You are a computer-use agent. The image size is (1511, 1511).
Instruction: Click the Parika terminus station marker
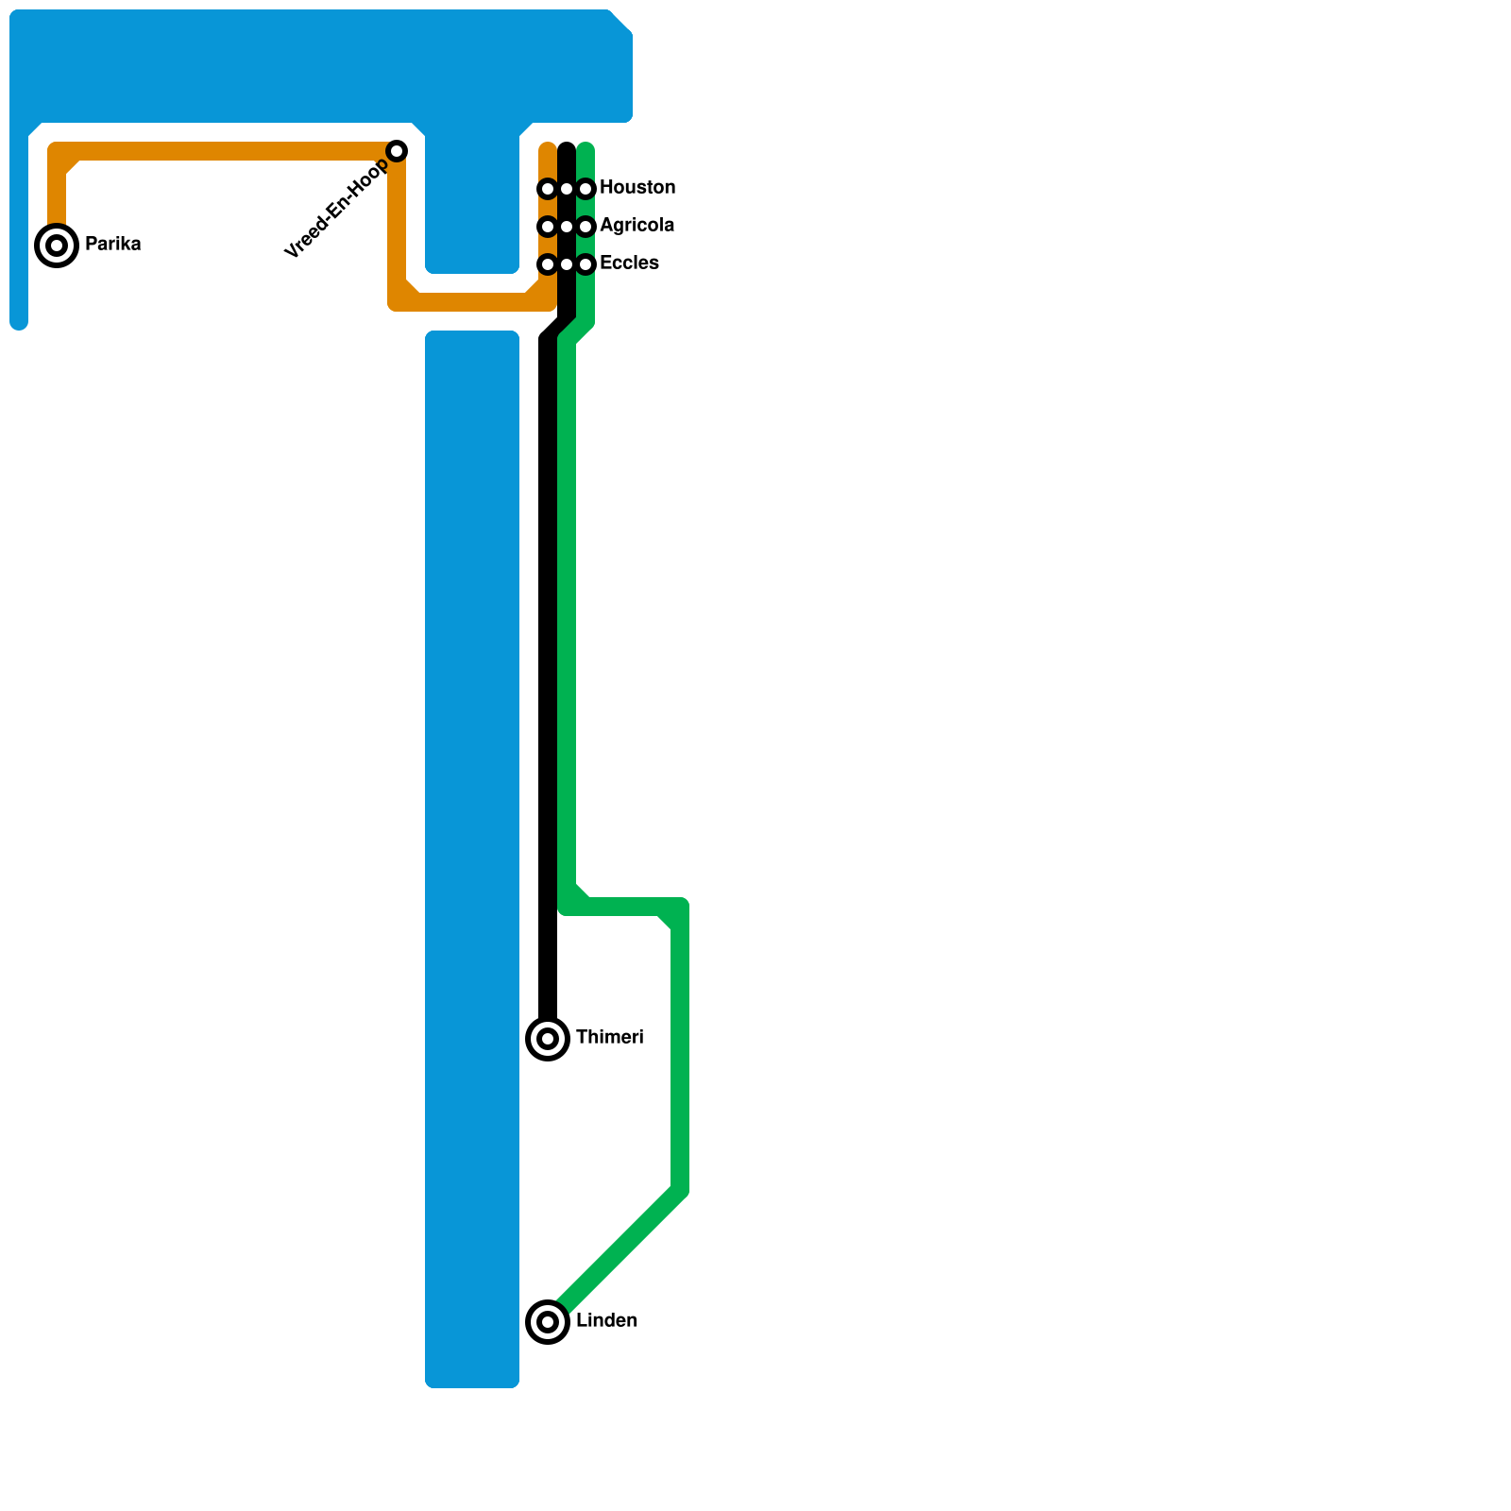click(x=57, y=246)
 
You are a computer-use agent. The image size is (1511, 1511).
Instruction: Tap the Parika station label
click(x=112, y=245)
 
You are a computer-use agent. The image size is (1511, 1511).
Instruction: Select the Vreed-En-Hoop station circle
click(x=397, y=151)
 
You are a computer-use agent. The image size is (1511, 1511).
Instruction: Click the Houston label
click(x=637, y=188)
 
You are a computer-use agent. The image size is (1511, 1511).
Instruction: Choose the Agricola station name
click(x=637, y=226)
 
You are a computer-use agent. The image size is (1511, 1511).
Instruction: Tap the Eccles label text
click(x=629, y=263)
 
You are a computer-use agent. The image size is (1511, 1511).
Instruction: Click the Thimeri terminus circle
click(x=548, y=1039)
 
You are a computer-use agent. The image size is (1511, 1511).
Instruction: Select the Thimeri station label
click(x=609, y=1038)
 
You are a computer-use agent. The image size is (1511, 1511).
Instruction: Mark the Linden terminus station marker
click(x=548, y=1321)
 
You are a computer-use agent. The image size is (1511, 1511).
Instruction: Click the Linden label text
click(x=606, y=1321)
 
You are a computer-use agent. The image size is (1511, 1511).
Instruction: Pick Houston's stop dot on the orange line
click(x=548, y=189)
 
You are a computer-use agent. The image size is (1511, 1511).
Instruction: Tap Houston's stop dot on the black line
click(x=567, y=189)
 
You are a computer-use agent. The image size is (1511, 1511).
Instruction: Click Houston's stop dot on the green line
click(x=586, y=189)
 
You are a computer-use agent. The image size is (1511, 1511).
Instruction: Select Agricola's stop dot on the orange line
click(x=548, y=227)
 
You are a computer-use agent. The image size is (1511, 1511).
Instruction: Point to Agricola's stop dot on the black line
click(x=567, y=227)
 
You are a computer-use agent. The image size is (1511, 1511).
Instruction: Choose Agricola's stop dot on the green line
click(x=586, y=227)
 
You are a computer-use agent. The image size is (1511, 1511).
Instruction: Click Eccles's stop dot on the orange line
click(x=548, y=264)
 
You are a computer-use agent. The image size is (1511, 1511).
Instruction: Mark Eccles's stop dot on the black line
click(x=567, y=264)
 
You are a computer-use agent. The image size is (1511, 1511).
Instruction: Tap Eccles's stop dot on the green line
click(x=586, y=264)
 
